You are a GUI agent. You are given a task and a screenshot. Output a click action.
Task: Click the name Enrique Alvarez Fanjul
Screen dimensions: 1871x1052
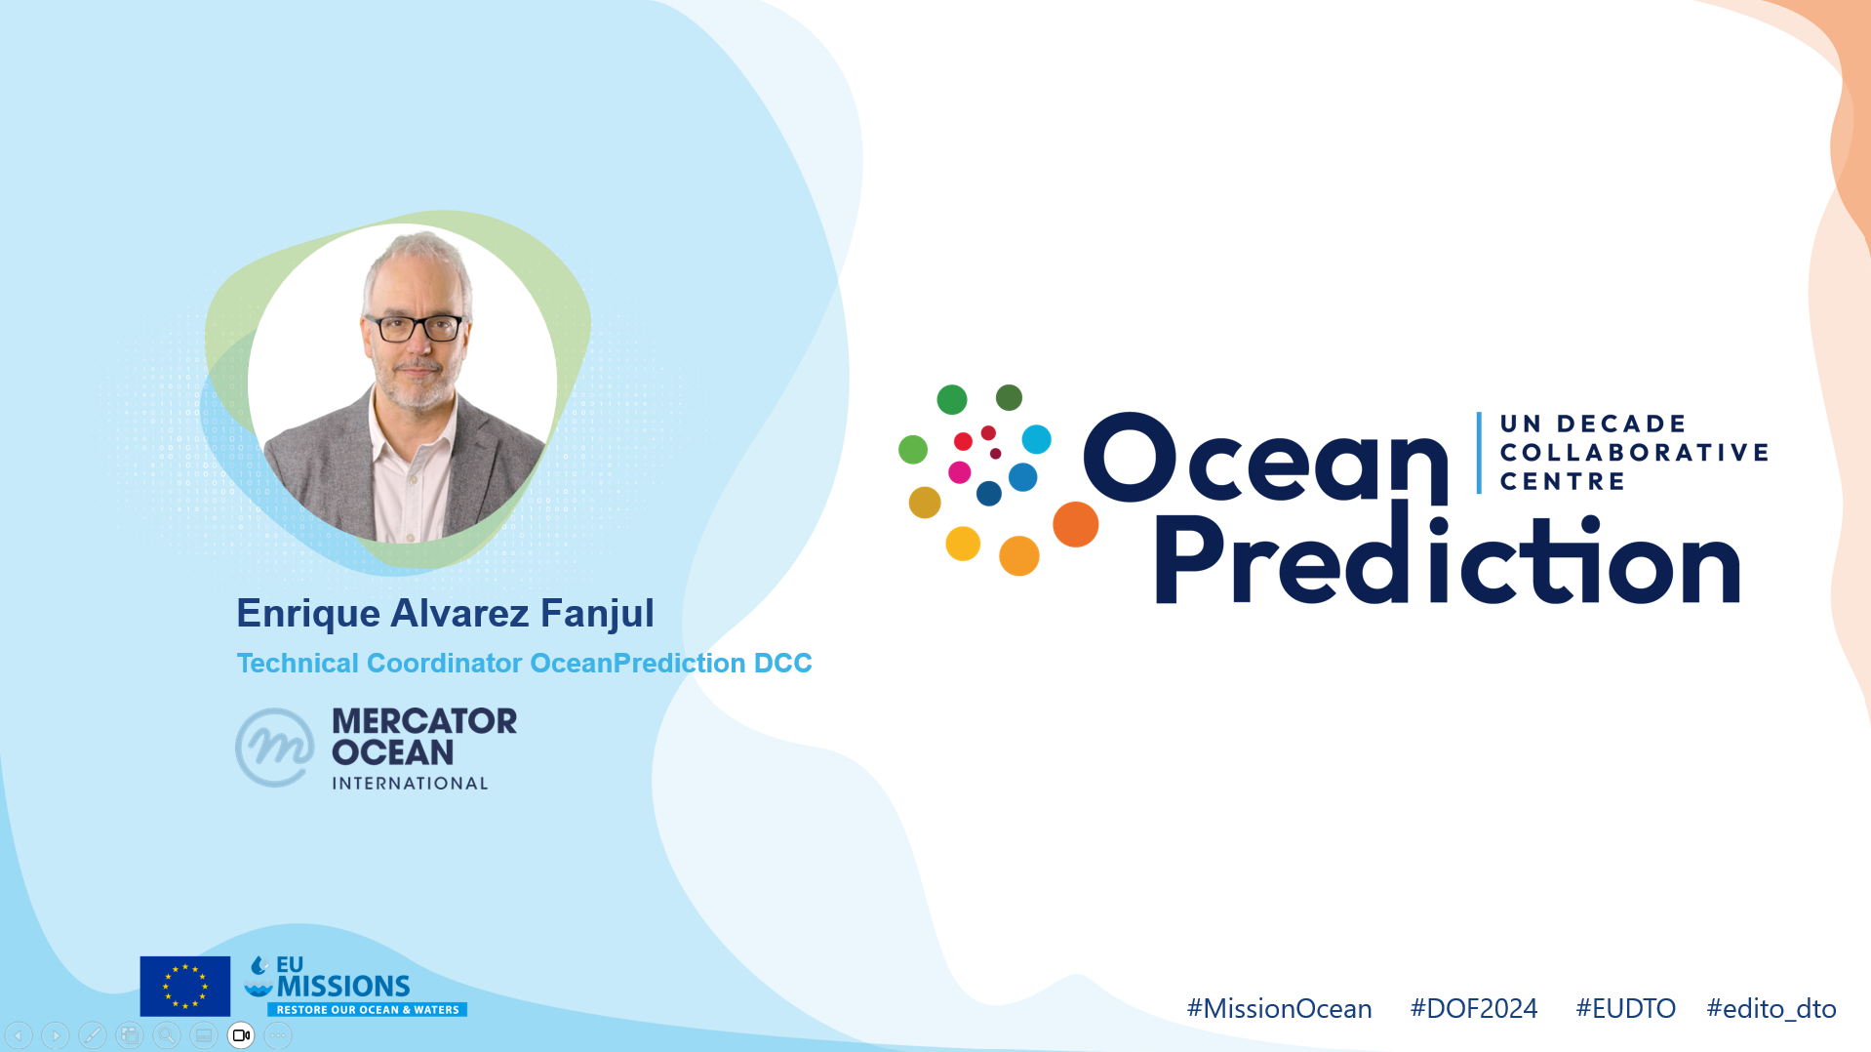point(445,614)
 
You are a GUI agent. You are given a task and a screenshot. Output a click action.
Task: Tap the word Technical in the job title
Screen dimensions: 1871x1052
point(298,663)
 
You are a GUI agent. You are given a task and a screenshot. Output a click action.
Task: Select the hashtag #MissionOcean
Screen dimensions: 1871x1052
point(1279,1008)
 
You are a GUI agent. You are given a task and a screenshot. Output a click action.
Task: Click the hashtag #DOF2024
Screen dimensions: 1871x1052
point(1473,1008)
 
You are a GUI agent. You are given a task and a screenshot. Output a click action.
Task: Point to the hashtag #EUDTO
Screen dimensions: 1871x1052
point(1625,1008)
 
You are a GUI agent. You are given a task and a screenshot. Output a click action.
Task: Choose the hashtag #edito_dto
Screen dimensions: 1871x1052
point(1771,1008)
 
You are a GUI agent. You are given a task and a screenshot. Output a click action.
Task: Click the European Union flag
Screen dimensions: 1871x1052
point(185,986)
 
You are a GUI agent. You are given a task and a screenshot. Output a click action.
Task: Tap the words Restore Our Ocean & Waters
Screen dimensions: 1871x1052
point(368,1010)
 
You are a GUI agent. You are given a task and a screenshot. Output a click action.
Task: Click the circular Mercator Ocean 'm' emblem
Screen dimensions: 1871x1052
point(275,748)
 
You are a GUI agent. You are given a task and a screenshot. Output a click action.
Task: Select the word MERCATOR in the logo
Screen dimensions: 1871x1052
point(424,721)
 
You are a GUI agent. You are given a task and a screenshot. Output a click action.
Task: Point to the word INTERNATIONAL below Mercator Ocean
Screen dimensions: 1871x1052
point(410,784)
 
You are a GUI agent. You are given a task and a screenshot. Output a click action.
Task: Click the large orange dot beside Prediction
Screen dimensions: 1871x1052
point(1076,524)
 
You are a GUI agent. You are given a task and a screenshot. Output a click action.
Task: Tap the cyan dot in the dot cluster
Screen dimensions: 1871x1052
point(1036,439)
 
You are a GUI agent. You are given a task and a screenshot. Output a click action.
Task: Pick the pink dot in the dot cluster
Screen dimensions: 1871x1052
point(960,472)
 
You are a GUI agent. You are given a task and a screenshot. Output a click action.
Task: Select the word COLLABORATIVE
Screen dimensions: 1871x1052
point(1635,453)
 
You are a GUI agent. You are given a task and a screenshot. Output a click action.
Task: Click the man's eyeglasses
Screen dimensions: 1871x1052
point(415,328)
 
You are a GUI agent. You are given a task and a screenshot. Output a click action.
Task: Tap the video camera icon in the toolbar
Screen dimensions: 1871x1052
point(241,1035)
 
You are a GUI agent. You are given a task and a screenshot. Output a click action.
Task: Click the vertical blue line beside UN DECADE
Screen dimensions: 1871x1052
point(1479,453)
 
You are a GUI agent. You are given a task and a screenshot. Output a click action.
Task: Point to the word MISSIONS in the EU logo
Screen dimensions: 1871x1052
point(343,987)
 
